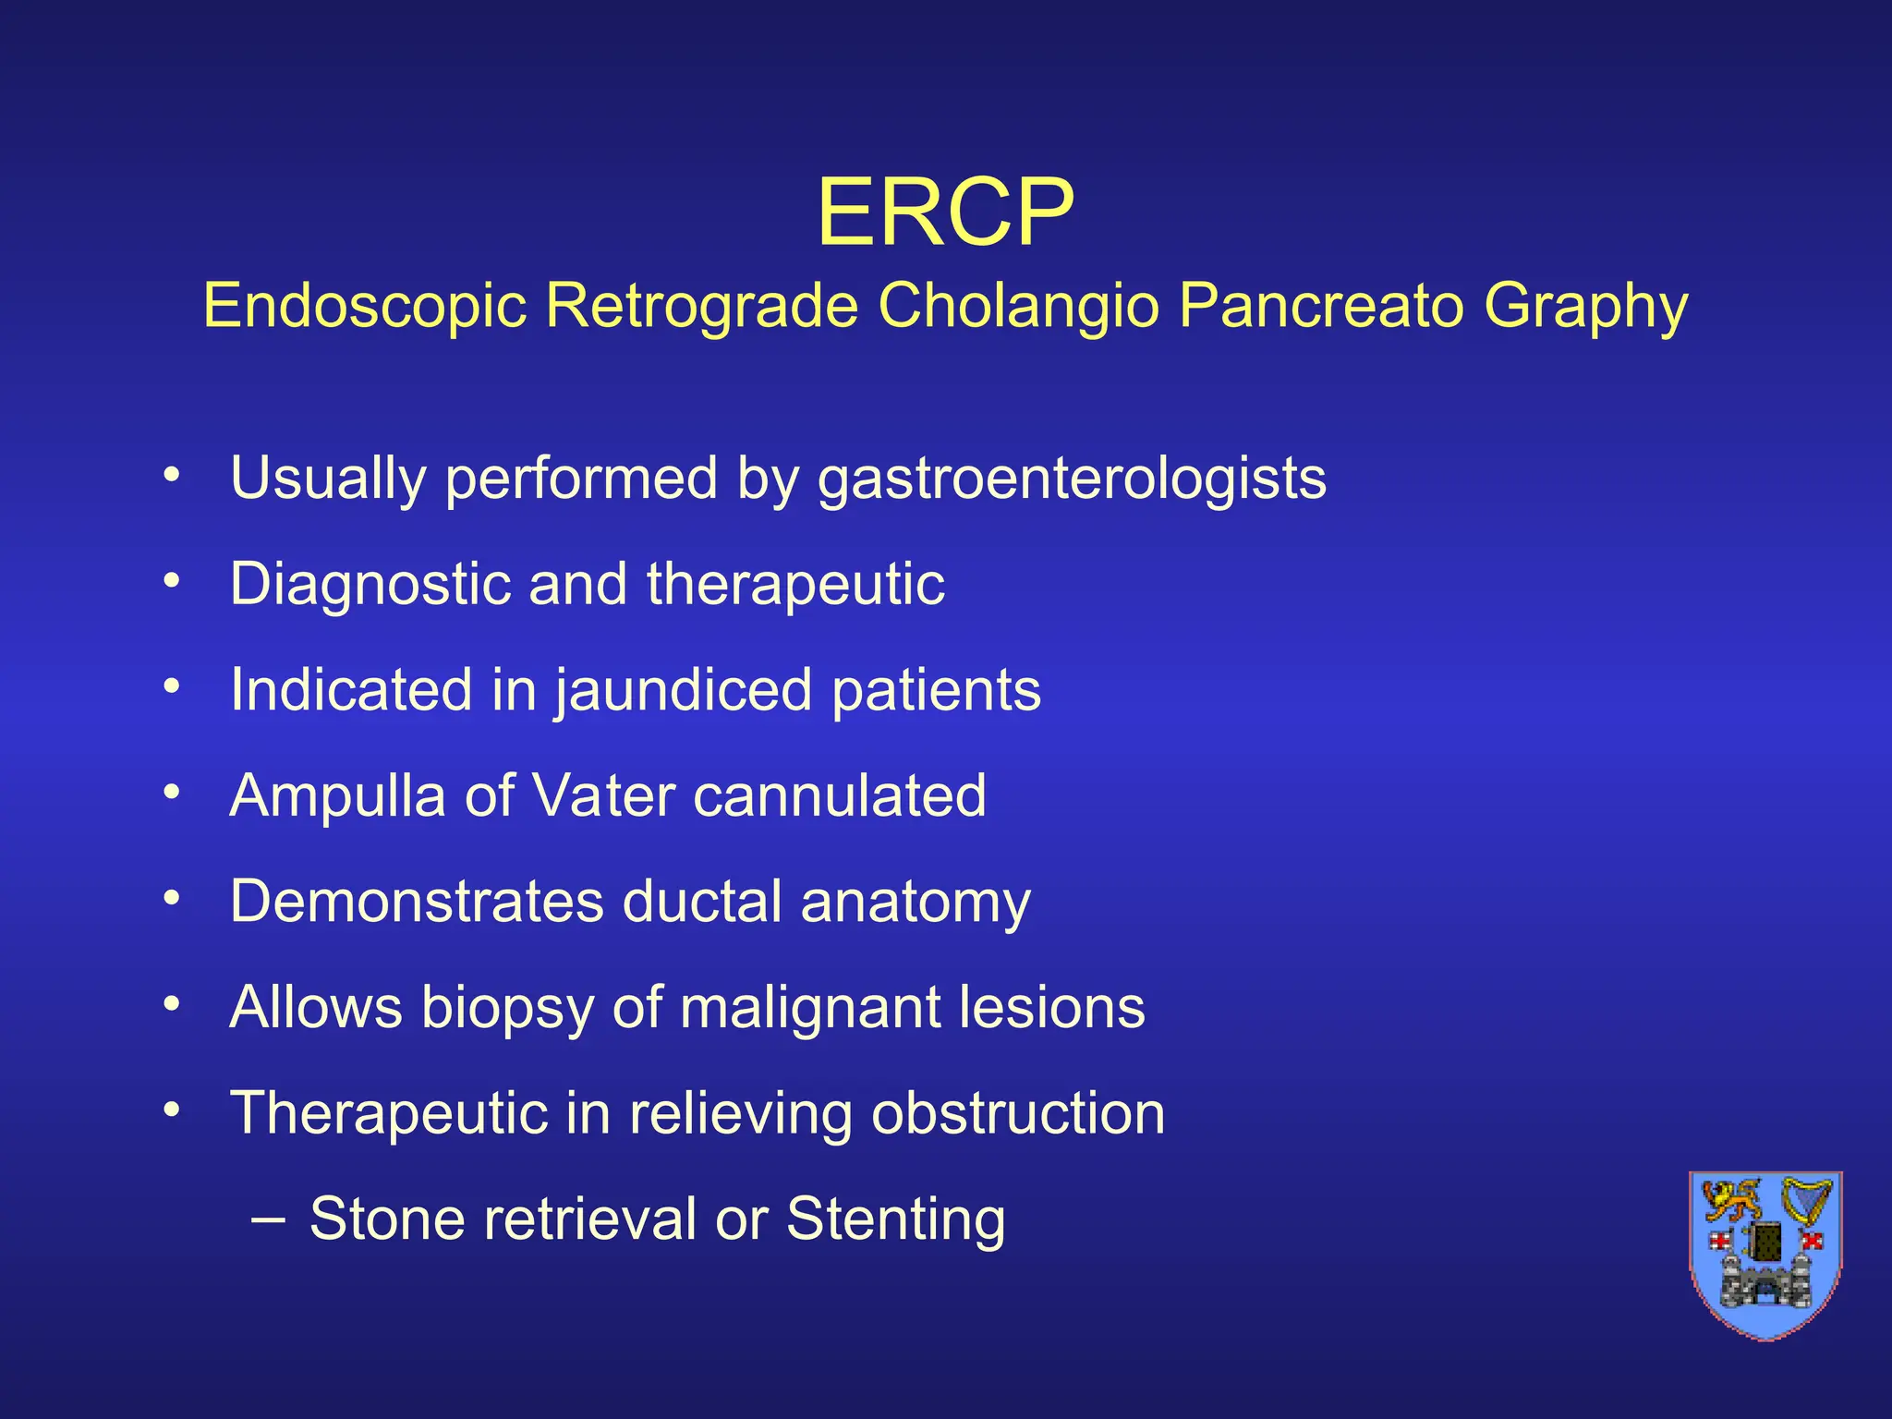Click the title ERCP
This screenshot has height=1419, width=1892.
point(945,213)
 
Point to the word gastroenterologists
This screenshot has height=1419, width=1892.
point(1072,479)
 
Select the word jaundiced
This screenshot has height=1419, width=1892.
point(684,691)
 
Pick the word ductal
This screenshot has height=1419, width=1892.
point(701,902)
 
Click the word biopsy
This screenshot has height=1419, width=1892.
point(507,1009)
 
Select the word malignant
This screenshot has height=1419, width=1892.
point(808,1009)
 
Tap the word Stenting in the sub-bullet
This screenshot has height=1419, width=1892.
point(895,1220)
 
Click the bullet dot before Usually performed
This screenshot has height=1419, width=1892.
point(171,475)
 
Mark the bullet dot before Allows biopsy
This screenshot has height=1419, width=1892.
point(171,1003)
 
